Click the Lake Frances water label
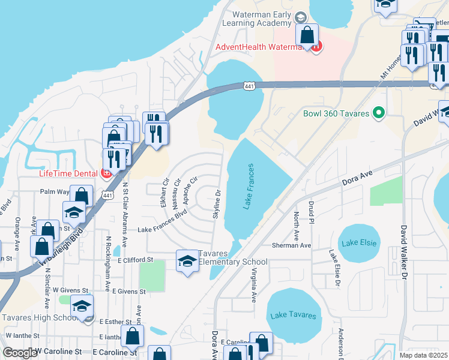(250, 186)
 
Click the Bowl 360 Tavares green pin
(379, 112)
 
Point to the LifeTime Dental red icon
(107, 174)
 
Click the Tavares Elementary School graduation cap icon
(187, 262)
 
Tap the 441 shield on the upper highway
(249, 88)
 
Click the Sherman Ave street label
(291, 245)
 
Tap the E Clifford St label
(132, 260)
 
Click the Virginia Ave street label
(253, 284)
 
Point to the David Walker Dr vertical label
(403, 251)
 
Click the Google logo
(19, 353)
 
